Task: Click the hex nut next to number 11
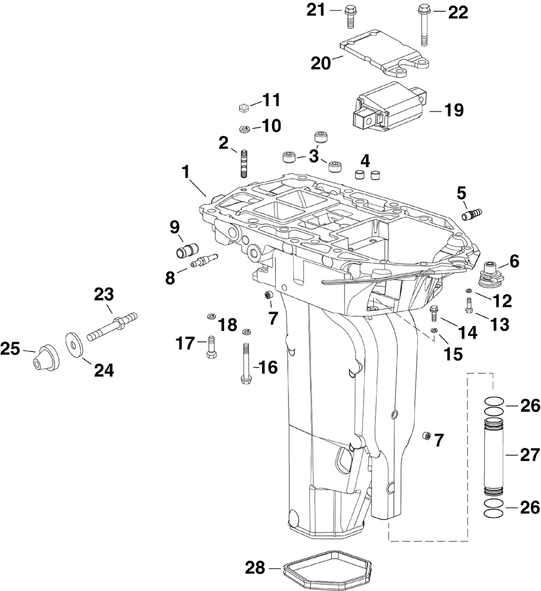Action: click(243, 108)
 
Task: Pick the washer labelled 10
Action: click(243, 129)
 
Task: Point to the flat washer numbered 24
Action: click(74, 344)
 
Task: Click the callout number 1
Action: click(186, 173)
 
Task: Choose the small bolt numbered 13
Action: click(469, 304)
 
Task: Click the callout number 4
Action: click(366, 160)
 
